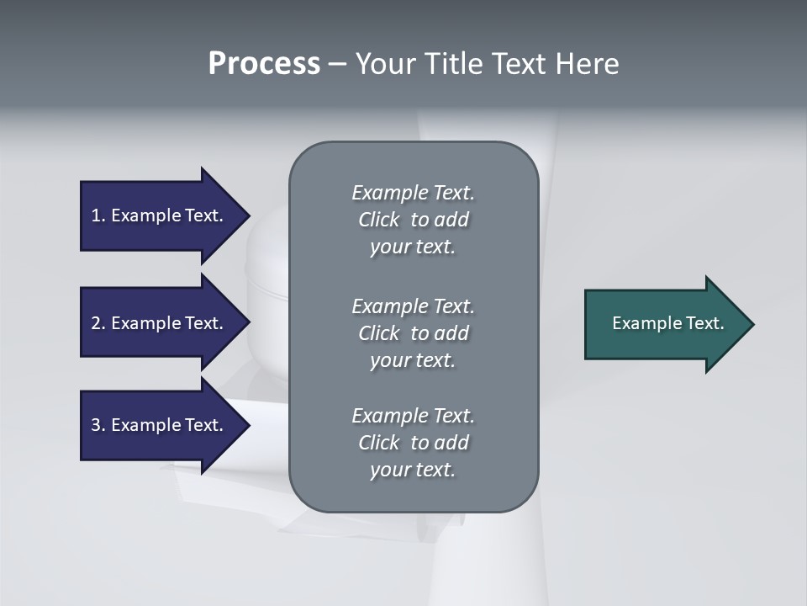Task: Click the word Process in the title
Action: point(264,64)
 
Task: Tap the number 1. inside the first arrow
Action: point(98,215)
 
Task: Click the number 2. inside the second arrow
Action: point(98,323)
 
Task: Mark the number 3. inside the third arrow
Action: point(98,425)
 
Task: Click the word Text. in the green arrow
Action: point(704,323)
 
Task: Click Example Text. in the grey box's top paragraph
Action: point(413,193)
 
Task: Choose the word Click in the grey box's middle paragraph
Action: point(378,333)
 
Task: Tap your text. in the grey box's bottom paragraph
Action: point(413,470)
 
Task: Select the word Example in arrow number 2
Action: point(145,323)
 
